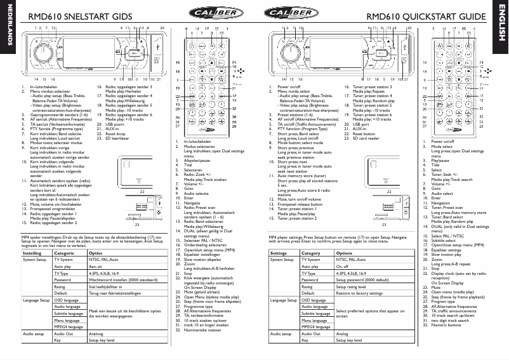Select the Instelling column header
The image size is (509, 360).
tap(32, 252)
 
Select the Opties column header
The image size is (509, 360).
tap(96, 252)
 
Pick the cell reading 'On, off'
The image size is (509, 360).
tap(343, 267)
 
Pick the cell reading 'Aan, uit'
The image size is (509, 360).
tap(96, 267)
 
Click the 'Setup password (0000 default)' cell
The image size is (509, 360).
tap(362, 279)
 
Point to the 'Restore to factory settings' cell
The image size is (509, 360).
tap(361, 293)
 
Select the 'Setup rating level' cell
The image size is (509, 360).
tap(353, 286)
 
